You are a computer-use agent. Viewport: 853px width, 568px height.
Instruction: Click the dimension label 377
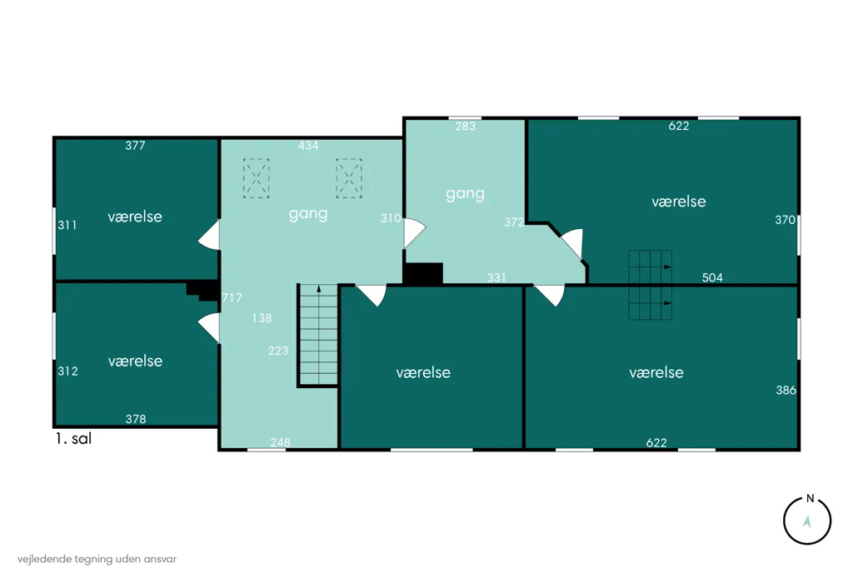coord(135,145)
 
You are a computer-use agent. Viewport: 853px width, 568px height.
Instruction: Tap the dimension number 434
coord(308,145)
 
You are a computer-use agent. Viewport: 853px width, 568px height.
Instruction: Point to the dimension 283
coord(465,127)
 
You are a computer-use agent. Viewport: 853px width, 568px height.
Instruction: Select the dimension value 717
coord(232,297)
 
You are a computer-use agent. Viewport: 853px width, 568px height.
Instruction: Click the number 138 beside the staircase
coord(262,318)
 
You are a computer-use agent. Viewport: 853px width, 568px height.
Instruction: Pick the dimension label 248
coord(280,442)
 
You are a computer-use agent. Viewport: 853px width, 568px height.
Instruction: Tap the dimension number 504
coord(712,278)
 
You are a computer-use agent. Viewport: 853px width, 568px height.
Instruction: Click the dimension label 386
coord(786,390)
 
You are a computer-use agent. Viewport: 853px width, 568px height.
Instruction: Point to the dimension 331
coord(496,278)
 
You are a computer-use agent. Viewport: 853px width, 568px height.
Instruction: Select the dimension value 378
coord(136,419)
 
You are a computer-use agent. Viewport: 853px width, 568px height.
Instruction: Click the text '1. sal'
coord(73,439)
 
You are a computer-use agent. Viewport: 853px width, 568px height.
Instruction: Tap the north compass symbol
coord(806,521)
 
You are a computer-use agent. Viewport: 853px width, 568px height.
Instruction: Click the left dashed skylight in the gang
coord(257,178)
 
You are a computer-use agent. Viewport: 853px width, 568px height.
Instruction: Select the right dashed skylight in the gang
coord(349,178)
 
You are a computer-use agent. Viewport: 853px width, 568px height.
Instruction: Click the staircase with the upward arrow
coord(319,335)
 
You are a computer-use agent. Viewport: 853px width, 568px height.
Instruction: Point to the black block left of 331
coord(423,273)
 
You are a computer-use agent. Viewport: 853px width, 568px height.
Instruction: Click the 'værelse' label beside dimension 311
coord(135,217)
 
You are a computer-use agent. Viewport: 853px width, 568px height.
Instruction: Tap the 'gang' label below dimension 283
coord(465,194)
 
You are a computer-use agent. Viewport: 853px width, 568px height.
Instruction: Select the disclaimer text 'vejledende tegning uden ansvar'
coord(97,559)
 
